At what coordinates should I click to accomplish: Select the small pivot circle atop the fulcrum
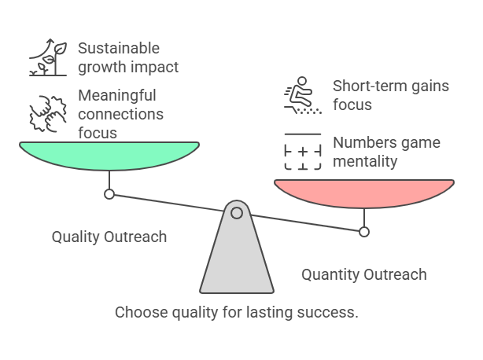[x=236, y=212]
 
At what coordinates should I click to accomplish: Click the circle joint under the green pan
[x=109, y=194]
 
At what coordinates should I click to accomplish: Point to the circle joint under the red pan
[x=363, y=231]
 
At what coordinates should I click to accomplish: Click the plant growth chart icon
[x=47, y=58]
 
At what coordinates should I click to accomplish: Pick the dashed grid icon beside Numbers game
[x=303, y=153]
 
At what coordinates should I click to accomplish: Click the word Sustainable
[x=118, y=49]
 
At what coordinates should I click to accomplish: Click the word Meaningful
[x=117, y=95]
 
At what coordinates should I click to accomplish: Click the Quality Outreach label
[x=109, y=237]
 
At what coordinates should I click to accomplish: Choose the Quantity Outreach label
[x=364, y=274]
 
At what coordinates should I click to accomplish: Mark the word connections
[x=120, y=114]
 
